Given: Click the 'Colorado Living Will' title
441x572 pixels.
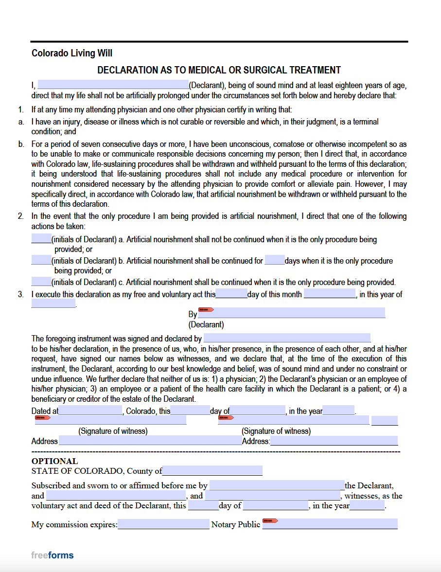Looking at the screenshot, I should click(72, 53).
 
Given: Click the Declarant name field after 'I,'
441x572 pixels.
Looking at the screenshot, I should click(113, 85).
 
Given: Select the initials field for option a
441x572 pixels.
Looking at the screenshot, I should click(41, 239).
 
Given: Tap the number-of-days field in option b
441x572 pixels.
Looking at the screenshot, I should click(275, 260).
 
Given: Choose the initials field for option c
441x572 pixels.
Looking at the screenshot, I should click(41, 282).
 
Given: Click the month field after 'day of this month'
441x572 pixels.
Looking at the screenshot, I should click(330, 294).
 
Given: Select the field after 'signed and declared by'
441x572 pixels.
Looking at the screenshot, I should click(287, 338).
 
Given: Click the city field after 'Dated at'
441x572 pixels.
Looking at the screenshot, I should click(90, 411).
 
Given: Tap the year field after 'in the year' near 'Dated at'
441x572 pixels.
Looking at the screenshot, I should click(338, 411).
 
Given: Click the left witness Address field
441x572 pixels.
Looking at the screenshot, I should click(150, 441).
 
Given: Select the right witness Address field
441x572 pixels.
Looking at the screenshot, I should click(334, 441).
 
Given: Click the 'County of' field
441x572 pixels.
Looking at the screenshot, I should click(212, 471).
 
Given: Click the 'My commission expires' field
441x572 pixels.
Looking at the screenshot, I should click(163, 524).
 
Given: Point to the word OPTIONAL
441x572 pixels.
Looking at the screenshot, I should click(54, 461).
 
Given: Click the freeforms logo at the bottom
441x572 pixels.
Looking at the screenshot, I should click(53, 555).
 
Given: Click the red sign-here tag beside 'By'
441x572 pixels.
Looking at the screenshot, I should click(206, 309).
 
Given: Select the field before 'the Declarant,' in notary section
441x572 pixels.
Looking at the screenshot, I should click(277, 485).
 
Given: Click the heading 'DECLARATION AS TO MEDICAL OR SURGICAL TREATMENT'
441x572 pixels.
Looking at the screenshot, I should click(219, 70).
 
